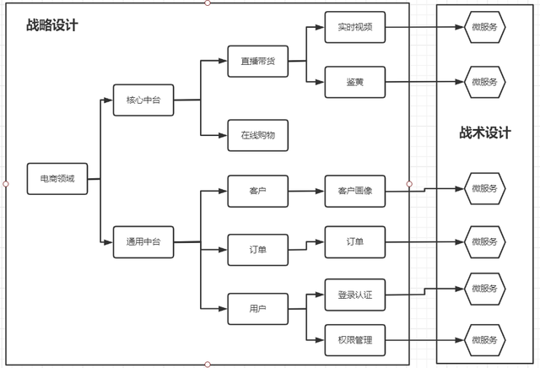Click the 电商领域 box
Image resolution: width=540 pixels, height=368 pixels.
tap(57, 179)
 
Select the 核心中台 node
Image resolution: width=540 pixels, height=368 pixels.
tap(143, 100)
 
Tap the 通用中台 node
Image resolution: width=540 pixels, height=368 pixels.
tap(143, 242)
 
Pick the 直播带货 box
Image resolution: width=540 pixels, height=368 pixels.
tap(257, 62)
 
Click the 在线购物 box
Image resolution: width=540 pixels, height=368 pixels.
tap(257, 135)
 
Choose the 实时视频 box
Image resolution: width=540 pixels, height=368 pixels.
tap(354, 27)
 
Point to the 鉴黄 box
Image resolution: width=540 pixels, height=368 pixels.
tap(354, 83)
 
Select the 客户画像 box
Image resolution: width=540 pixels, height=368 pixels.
tap(354, 191)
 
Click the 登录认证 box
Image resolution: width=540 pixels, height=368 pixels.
tap(354, 295)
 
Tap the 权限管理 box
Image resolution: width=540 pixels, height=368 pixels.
tap(354, 340)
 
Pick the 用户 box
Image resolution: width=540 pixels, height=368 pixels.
tap(257, 307)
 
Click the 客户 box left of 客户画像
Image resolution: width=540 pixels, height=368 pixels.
tap(257, 191)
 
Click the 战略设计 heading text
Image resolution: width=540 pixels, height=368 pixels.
tap(52, 25)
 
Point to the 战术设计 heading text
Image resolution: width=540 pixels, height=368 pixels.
tap(485, 133)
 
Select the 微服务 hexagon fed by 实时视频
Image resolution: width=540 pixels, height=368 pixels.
tap(484, 27)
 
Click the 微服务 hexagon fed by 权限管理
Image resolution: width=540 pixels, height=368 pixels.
tap(484, 340)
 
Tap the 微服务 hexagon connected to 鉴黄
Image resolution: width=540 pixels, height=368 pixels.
tap(484, 82)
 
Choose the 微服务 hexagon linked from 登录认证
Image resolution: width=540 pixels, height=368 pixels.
tap(484, 288)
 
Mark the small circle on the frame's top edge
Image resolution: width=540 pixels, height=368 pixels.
tap(208, 3)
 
